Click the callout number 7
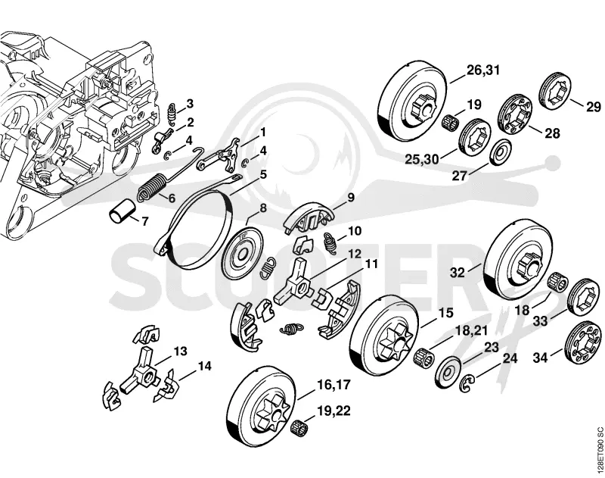click(144, 222)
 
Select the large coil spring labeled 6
click(150, 187)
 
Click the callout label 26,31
click(483, 70)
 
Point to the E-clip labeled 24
click(466, 384)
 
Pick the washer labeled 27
click(502, 152)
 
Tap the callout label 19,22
click(334, 411)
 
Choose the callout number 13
click(180, 351)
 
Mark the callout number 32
click(458, 273)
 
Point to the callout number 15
click(446, 313)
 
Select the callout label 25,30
click(422, 159)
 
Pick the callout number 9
click(351, 198)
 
